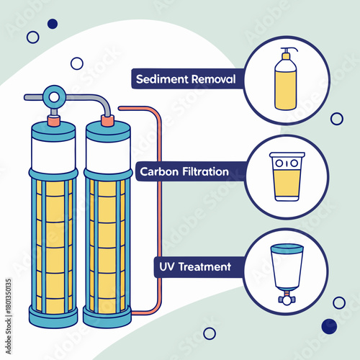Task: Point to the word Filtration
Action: [206, 172]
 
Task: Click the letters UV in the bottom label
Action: [166, 266]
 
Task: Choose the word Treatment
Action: [204, 266]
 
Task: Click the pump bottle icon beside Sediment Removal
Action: [287, 85]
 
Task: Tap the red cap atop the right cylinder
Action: [107, 120]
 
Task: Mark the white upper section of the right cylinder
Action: [107, 153]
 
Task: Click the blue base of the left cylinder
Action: [53, 314]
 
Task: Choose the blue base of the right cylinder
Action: [107, 315]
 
